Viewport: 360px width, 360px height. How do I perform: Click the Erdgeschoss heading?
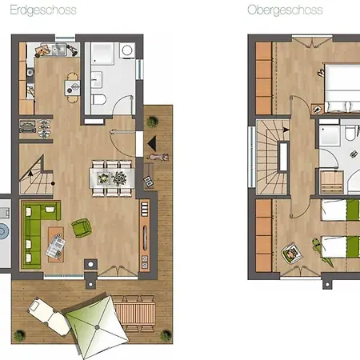[x=43, y=10]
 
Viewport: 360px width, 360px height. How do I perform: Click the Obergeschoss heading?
[x=285, y=10]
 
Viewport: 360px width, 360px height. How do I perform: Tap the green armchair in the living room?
[x=82, y=228]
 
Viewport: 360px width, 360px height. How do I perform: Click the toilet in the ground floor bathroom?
[x=98, y=99]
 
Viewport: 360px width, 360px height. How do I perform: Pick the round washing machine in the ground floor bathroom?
[x=127, y=50]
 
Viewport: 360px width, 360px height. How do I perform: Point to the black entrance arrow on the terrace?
[x=152, y=143]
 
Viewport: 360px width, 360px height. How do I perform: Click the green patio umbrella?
[x=96, y=326]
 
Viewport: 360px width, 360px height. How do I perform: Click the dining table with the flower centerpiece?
[x=112, y=178]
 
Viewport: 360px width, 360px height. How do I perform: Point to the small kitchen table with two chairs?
[x=73, y=88]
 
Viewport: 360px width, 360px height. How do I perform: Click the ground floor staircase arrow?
[x=30, y=174]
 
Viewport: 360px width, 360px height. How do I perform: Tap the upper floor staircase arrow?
[x=286, y=130]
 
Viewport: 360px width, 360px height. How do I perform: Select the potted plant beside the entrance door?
[x=152, y=122]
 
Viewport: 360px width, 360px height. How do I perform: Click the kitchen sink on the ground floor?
[x=58, y=50]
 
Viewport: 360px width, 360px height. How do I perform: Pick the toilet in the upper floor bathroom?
[x=350, y=133]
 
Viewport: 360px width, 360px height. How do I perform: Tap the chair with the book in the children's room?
[x=292, y=253]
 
